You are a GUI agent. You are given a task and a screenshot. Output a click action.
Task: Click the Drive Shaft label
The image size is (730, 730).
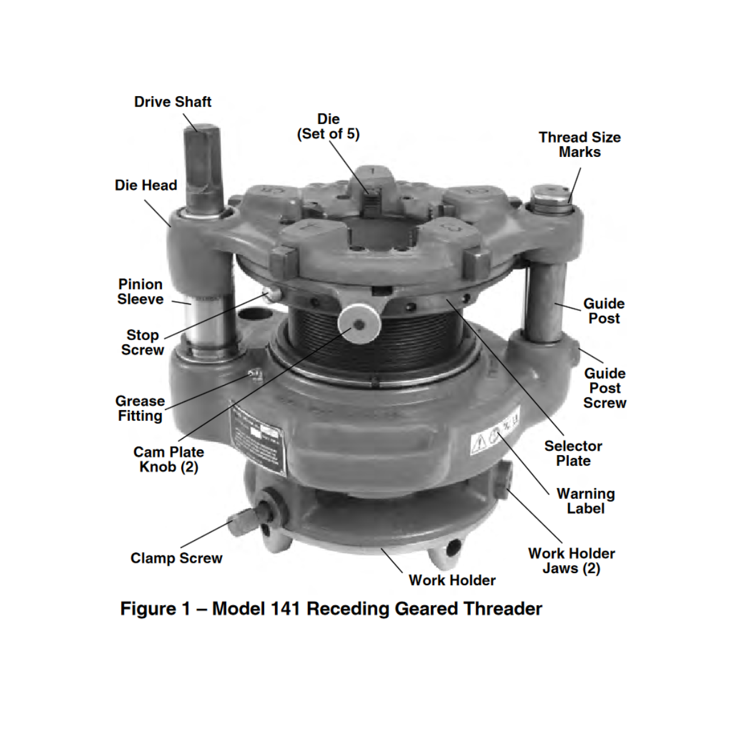pos(173,102)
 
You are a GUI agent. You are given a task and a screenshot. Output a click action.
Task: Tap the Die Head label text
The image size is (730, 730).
pos(146,186)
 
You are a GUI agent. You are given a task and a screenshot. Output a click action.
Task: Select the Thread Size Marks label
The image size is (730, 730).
pos(579,145)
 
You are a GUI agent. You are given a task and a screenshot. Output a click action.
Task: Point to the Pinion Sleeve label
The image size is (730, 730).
pos(141,292)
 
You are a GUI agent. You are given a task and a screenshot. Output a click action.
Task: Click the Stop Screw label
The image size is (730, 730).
pos(142,342)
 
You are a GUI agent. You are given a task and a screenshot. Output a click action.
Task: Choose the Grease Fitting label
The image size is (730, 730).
pos(140,409)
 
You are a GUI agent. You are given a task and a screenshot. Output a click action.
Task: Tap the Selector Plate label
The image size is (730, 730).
pos(573,454)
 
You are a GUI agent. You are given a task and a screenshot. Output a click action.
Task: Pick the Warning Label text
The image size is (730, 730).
pos(585,501)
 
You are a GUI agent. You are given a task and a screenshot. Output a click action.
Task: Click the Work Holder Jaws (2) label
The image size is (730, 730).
pos(571,561)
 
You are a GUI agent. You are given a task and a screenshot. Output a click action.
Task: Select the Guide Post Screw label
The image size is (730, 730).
pos(604,388)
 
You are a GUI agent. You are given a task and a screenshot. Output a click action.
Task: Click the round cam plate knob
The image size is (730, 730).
pos(360,324)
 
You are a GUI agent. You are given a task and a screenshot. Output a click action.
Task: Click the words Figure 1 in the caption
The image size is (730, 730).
pos(155,609)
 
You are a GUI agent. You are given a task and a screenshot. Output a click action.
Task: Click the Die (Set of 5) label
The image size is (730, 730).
pos(328,127)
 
